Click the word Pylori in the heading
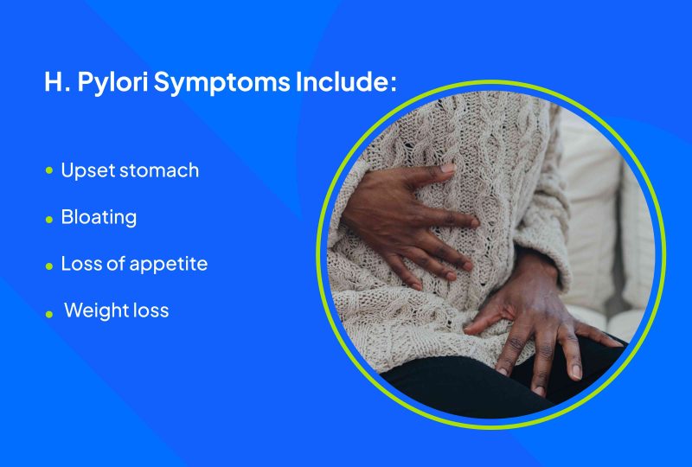112,82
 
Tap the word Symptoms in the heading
222,82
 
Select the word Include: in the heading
346,81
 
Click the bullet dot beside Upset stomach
49,170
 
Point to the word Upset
87,171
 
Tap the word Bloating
99,218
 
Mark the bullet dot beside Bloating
49,220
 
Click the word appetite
168,265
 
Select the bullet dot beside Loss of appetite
49,266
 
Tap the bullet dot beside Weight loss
49,314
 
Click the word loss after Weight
151,310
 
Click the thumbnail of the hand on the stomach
491,254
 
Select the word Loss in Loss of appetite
80,264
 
